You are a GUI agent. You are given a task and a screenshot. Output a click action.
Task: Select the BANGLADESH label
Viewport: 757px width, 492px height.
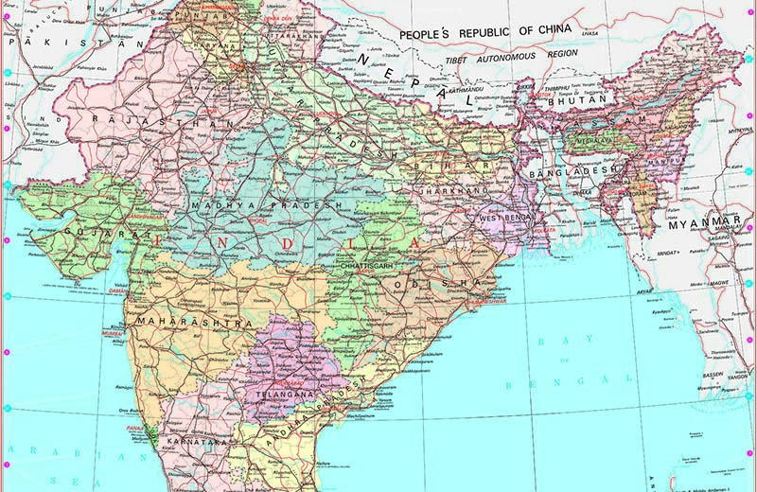pyautogui.click(x=566, y=176)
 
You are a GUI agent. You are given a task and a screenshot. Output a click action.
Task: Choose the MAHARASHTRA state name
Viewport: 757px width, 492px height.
pyautogui.click(x=194, y=323)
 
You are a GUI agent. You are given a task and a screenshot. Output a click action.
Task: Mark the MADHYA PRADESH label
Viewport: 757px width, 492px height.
pyautogui.click(x=266, y=205)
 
